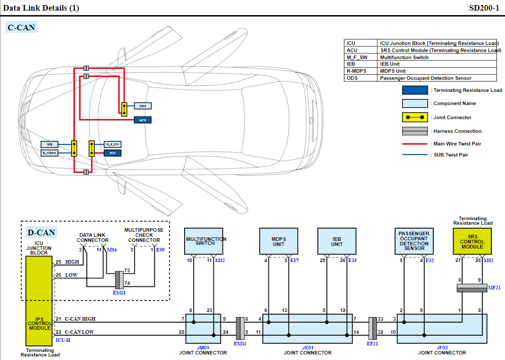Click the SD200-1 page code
click(x=484, y=8)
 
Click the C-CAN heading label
click(x=21, y=28)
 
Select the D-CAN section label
click(x=41, y=233)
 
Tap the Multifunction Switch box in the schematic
click(x=205, y=241)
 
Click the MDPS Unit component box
click(x=278, y=241)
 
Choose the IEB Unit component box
click(x=337, y=241)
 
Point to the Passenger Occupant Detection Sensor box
click(x=414, y=241)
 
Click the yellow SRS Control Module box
click(x=472, y=241)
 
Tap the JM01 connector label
click(x=203, y=347)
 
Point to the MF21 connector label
click(x=494, y=287)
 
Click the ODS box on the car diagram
click(x=143, y=106)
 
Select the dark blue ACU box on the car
click(x=142, y=120)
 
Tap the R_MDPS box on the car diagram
click(x=49, y=152)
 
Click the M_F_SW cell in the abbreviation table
click(x=361, y=57)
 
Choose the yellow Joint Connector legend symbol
click(x=415, y=117)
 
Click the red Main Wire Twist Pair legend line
click(x=415, y=144)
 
